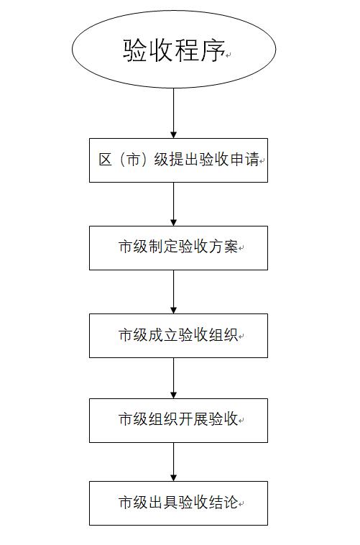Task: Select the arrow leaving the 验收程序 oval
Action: [x=174, y=113]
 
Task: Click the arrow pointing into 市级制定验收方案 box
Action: [x=174, y=204]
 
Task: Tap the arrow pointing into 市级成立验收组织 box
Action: [x=174, y=292]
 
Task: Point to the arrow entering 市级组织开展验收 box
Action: [x=174, y=378]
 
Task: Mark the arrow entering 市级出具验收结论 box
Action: [x=174, y=462]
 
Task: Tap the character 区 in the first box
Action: [x=105, y=160]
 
